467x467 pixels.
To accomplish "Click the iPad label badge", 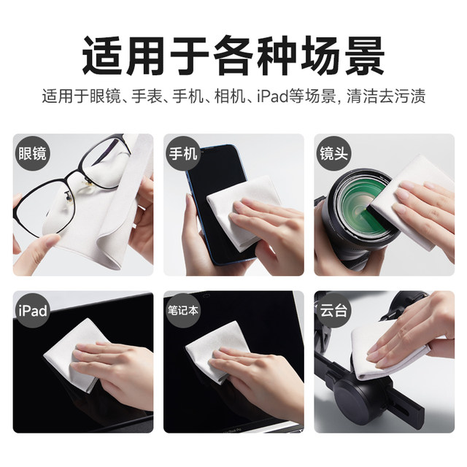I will click(x=33, y=311).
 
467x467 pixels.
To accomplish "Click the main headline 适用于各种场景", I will click(x=233, y=55).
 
